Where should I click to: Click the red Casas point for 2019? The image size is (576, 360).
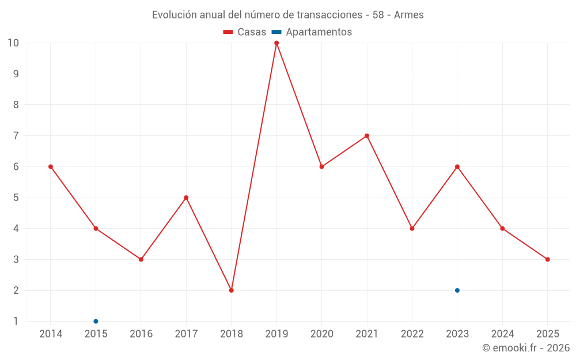[276, 43]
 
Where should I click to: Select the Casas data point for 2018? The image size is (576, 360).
[232, 290]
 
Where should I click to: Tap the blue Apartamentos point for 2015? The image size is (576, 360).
[96, 321]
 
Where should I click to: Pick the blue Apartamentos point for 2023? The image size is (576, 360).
[457, 290]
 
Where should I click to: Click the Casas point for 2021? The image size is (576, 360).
[367, 136]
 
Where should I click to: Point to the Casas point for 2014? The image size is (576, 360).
[51, 167]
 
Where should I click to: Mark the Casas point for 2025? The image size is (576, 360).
[548, 259]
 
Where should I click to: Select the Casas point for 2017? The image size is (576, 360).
[186, 198]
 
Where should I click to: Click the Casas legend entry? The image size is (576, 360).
[245, 32]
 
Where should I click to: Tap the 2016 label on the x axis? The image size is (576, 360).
[141, 334]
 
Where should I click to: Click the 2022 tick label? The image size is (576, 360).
[412, 334]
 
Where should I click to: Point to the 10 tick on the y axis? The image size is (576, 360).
[13, 43]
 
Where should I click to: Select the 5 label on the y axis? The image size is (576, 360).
[16, 198]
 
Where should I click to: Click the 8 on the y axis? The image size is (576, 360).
[16, 105]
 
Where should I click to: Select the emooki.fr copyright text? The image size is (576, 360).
[526, 348]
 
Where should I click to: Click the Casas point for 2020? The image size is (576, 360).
[322, 167]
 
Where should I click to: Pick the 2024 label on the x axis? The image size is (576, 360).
[503, 334]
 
